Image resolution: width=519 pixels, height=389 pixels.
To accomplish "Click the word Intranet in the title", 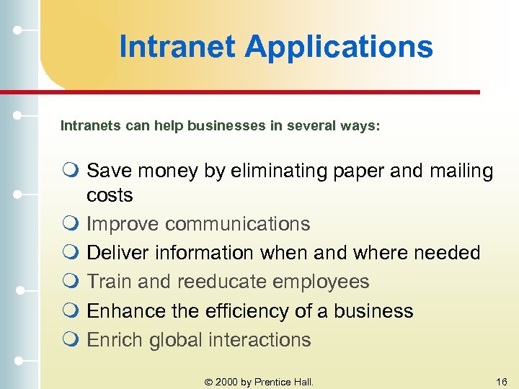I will pyautogui.click(x=177, y=47).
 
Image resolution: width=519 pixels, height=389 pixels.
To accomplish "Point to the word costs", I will pyautogui.click(x=110, y=195).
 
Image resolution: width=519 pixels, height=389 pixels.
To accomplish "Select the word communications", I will pyautogui.click(x=237, y=224).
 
